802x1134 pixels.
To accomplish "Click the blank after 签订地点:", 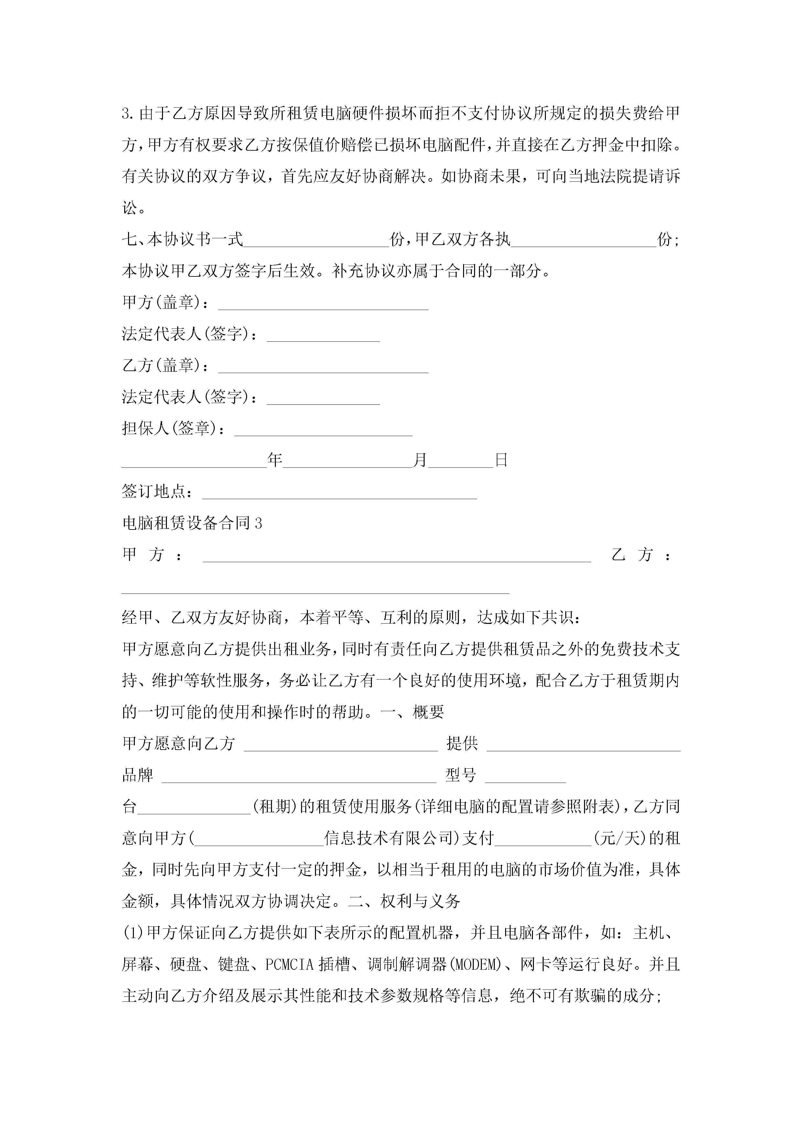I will click(x=340, y=493).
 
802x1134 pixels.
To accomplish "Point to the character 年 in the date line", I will click(x=275, y=460).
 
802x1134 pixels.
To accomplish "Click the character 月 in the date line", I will click(x=420, y=460).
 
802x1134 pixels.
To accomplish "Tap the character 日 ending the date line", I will click(x=501, y=460).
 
